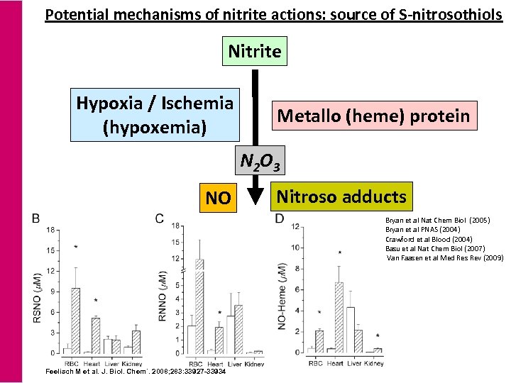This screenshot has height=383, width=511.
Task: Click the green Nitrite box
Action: (254, 51)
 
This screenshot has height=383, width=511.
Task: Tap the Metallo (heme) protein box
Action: (373, 116)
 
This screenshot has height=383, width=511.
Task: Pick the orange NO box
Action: (217, 198)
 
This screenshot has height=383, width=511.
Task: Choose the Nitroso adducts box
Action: (341, 196)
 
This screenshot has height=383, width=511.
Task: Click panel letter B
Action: (35, 219)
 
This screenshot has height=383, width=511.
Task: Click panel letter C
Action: (160, 219)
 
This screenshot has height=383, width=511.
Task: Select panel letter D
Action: (279, 219)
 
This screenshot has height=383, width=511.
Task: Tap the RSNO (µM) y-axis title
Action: (37, 299)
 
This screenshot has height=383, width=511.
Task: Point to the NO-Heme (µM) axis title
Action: (282, 298)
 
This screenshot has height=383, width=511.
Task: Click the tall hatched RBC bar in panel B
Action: (75, 319)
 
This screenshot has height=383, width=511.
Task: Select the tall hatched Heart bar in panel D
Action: (339, 316)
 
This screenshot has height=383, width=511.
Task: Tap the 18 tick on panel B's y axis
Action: (50, 230)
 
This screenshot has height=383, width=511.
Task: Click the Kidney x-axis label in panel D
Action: (373, 363)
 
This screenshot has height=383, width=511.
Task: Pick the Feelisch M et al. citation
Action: (135, 372)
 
